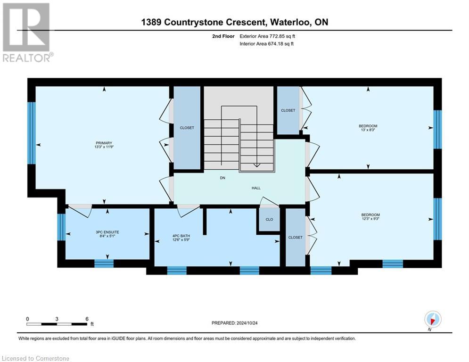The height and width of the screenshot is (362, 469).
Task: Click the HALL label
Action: pyautogui.click(x=255, y=188)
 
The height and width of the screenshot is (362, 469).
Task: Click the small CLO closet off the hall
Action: pyautogui.click(x=269, y=220)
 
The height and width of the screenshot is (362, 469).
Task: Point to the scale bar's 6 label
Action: pyautogui.click(x=87, y=319)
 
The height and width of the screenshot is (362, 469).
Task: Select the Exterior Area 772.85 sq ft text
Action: pyautogui.click(x=267, y=36)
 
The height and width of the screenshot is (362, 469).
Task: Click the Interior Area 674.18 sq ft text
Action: pyautogui.click(x=267, y=44)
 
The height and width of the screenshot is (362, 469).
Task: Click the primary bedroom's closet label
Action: pyautogui.click(x=186, y=128)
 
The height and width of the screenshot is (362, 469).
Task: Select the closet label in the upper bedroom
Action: pyautogui.click(x=288, y=110)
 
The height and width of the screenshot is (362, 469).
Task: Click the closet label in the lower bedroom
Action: pyautogui.click(x=295, y=238)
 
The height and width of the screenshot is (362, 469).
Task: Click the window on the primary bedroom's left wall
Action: pyautogui.click(x=32, y=133)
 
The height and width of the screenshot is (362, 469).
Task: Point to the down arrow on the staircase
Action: pyautogui.click(x=256, y=164)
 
